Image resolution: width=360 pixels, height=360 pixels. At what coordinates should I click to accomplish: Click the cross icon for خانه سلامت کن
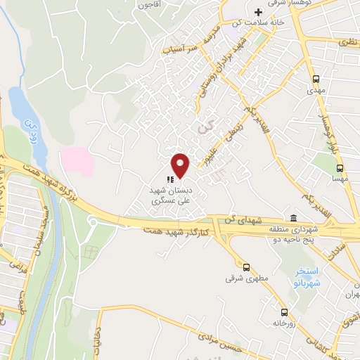tap(258, 12)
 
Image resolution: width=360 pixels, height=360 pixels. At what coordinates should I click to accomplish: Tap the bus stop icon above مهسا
tap(340, 168)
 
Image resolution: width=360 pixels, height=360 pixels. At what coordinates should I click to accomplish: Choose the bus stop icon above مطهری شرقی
tap(246, 267)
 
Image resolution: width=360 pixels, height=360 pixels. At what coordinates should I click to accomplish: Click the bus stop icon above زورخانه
tap(284, 311)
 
